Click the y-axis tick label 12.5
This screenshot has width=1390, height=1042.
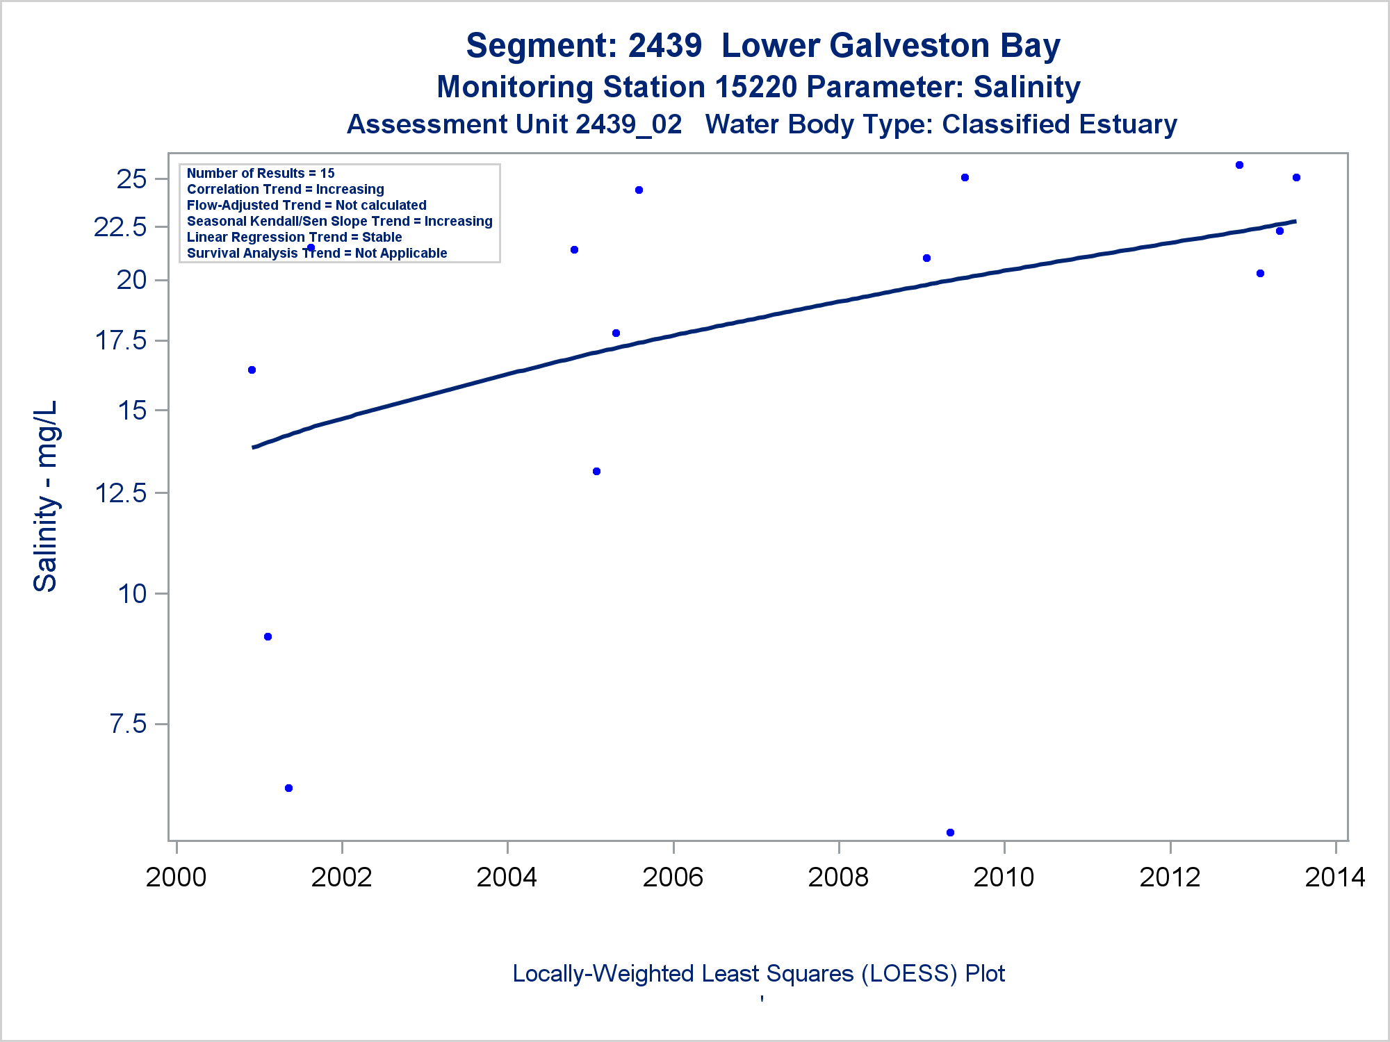click(x=121, y=493)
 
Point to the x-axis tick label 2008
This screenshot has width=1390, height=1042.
click(x=838, y=877)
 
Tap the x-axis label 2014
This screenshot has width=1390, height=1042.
click(x=1335, y=877)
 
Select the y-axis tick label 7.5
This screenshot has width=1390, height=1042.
click(x=129, y=725)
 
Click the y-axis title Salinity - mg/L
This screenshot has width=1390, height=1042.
click(x=46, y=496)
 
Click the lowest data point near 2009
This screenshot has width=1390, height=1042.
click(x=950, y=832)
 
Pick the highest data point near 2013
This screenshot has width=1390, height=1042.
click(x=1239, y=165)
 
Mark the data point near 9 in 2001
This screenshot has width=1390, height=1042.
click(x=268, y=637)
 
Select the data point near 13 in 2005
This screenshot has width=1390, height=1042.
click(x=596, y=472)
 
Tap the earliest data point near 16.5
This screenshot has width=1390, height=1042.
click(x=252, y=370)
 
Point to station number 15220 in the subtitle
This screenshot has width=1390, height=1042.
click(x=755, y=88)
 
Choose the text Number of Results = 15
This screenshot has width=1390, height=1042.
click(x=261, y=173)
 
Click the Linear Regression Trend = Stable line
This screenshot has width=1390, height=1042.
click(x=294, y=237)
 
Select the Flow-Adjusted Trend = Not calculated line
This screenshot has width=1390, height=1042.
click(x=306, y=205)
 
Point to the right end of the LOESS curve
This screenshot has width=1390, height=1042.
click(x=1295, y=222)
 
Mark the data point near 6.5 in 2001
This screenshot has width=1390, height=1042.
click(x=289, y=788)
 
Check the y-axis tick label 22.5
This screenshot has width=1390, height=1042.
click(x=121, y=227)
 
